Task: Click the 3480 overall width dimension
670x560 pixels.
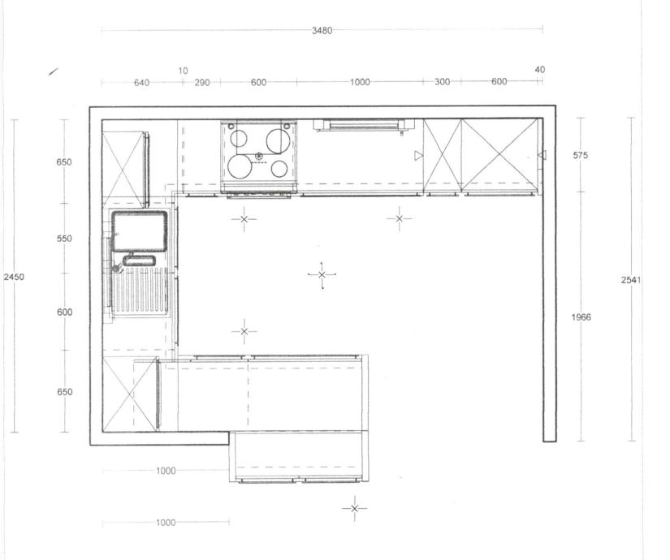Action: point(322,30)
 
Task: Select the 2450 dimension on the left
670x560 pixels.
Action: point(14,277)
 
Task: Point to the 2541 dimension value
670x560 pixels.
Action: point(631,280)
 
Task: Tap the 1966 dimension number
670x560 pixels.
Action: point(581,317)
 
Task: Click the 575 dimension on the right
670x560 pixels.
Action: point(581,156)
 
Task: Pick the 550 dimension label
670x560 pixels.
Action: point(64,239)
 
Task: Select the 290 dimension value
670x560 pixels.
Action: point(202,83)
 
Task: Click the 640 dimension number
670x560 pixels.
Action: point(141,83)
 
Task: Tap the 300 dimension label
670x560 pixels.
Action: point(443,82)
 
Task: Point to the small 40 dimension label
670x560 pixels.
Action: point(540,70)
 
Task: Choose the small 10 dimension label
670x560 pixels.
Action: point(183,71)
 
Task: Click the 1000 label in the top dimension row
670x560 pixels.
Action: point(360,82)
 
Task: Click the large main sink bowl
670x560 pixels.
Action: point(139,231)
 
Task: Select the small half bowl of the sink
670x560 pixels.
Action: point(139,261)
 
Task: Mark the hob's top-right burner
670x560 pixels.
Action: point(279,141)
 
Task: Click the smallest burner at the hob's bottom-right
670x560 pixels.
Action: point(279,169)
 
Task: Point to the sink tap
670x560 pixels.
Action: point(116,269)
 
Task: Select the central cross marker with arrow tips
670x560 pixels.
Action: point(322,274)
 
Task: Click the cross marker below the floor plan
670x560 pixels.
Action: point(354,508)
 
